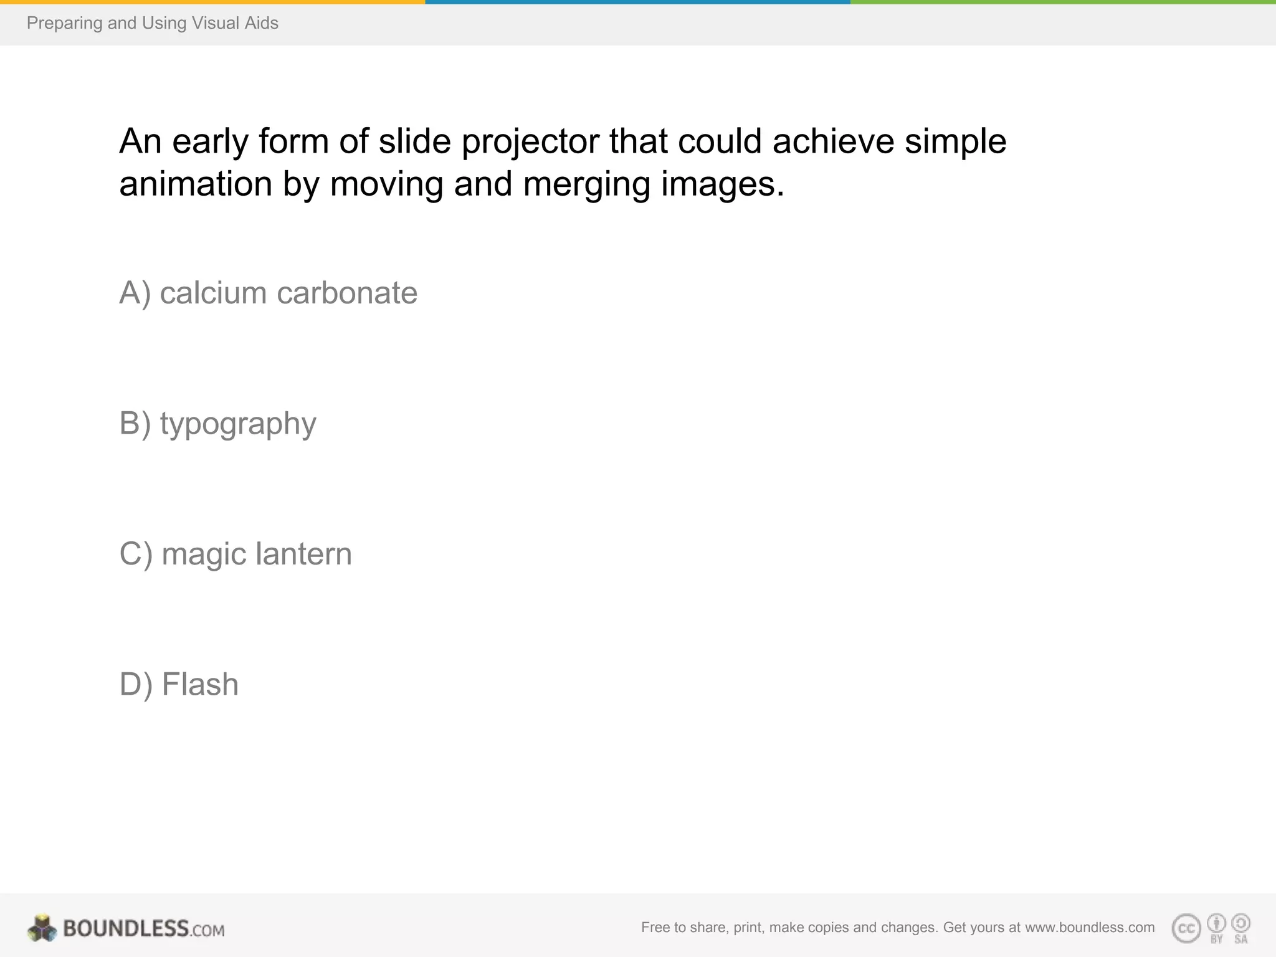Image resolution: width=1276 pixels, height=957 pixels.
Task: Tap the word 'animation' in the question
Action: coord(196,184)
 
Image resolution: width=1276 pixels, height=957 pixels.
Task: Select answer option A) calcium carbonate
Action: coord(268,293)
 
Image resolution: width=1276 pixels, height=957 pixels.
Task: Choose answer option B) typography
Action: coord(217,424)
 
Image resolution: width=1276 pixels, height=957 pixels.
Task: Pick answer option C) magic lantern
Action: coord(236,554)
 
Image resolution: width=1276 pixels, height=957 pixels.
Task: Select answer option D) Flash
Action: coord(179,684)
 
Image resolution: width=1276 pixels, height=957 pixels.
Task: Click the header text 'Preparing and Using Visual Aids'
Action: coord(153,23)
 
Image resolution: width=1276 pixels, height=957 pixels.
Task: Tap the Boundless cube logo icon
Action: coord(42,928)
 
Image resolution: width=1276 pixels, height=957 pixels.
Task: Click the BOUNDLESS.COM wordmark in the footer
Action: coord(143,928)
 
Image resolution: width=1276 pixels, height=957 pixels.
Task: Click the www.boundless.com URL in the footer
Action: coord(1090,927)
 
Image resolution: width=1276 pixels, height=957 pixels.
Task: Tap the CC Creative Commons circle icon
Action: coord(1186,928)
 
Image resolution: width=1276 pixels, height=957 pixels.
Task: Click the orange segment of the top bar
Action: coord(212,2)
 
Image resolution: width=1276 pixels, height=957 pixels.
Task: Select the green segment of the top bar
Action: coord(1063,2)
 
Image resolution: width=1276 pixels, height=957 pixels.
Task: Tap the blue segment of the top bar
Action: coord(637,2)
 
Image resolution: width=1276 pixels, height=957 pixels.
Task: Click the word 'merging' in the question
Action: coord(586,184)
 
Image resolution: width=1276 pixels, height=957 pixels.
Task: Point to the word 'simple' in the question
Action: coord(955,142)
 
